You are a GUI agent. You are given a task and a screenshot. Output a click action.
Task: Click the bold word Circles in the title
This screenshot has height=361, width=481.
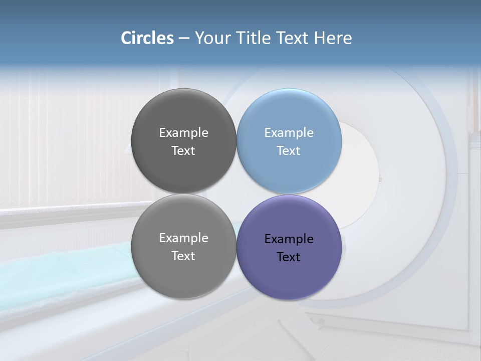pyautogui.click(x=147, y=38)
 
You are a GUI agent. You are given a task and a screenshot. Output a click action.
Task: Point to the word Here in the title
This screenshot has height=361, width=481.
pyautogui.click(x=333, y=38)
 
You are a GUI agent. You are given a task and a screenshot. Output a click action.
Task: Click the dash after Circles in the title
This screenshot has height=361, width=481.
pyautogui.click(x=183, y=39)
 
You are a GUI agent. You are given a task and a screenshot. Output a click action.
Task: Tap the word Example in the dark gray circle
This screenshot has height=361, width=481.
pyautogui.click(x=183, y=133)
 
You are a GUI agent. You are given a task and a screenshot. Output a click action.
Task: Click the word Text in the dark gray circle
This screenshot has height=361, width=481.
pyautogui.click(x=183, y=150)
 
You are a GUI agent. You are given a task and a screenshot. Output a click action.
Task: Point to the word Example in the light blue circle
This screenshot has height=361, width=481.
pyautogui.click(x=289, y=133)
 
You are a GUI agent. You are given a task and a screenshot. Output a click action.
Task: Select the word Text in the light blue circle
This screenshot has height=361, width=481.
pyautogui.click(x=289, y=150)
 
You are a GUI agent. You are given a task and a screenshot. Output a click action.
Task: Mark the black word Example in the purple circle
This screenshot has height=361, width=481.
pyautogui.click(x=289, y=239)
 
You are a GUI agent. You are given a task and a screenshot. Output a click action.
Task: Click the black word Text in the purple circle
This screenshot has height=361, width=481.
pyautogui.click(x=289, y=257)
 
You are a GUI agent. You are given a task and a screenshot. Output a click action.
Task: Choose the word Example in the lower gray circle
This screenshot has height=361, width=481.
pyautogui.click(x=183, y=238)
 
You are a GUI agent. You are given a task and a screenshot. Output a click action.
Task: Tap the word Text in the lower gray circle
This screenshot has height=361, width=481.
pyautogui.click(x=183, y=256)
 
